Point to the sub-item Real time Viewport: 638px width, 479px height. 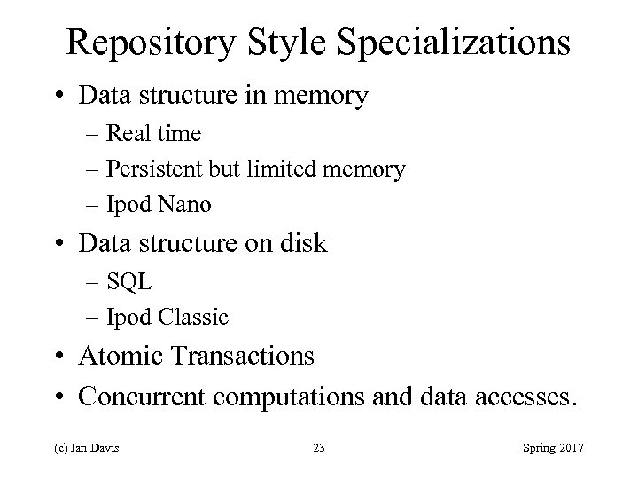[x=154, y=134]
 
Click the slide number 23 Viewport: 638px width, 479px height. [x=319, y=446]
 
